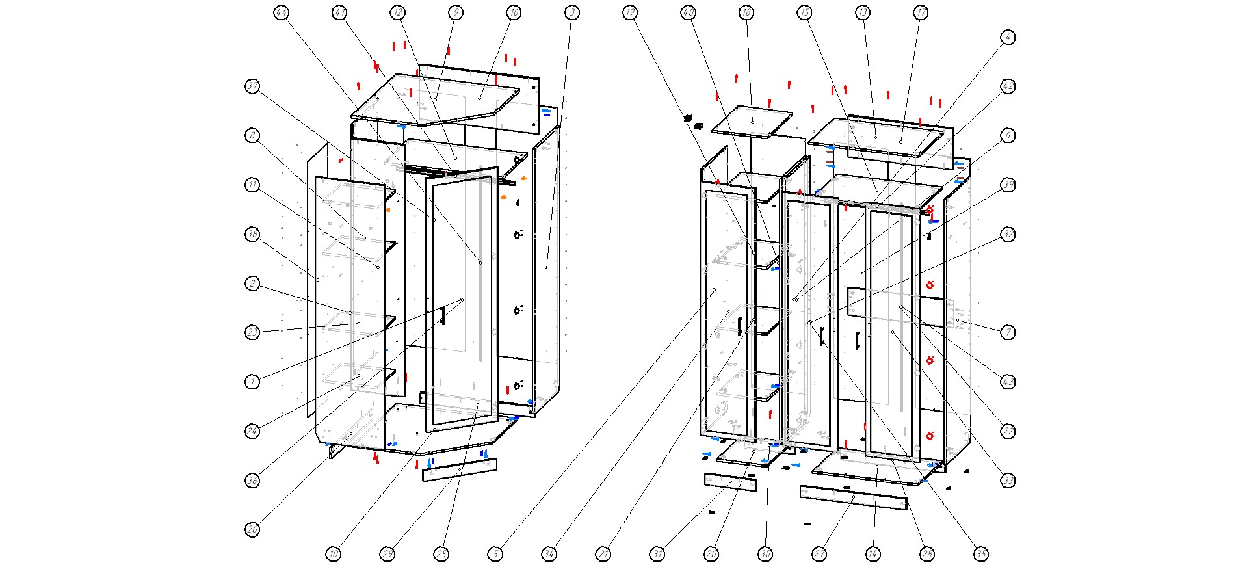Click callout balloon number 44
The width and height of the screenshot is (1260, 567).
pyautogui.click(x=281, y=12)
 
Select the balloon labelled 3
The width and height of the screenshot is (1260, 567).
pyautogui.click(x=571, y=12)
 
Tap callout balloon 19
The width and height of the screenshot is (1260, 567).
pyautogui.click(x=629, y=12)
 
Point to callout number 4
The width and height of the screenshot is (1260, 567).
pyautogui.click(x=1008, y=37)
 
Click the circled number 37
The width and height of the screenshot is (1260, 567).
pyautogui.click(x=253, y=86)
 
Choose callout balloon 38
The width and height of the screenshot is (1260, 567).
pyautogui.click(x=253, y=234)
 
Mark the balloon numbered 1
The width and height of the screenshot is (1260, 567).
pyautogui.click(x=253, y=382)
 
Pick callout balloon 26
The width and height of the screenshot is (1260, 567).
pyautogui.click(x=253, y=529)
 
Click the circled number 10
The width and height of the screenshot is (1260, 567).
pyautogui.click(x=333, y=554)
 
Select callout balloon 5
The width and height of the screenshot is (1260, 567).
pyautogui.click(x=495, y=554)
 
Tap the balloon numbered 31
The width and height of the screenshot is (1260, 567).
pyautogui.click(x=658, y=554)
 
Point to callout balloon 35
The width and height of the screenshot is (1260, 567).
pyautogui.click(x=980, y=554)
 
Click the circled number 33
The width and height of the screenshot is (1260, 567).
pyautogui.click(x=1008, y=481)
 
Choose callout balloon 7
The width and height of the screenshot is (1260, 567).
pyautogui.click(x=1008, y=332)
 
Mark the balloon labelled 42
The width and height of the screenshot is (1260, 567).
pyautogui.click(x=1008, y=86)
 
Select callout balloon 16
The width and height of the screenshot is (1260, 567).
pyautogui.click(x=514, y=12)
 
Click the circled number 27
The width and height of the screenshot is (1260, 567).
pyautogui.click(x=819, y=554)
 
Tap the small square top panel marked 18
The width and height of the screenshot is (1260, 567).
pyautogui.click(x=752, y=121)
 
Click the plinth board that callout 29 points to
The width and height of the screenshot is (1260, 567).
pyautogui.click(x=460, y=469)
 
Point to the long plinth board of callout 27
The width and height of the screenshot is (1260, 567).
pyautogui.click(x=853, y=497)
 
